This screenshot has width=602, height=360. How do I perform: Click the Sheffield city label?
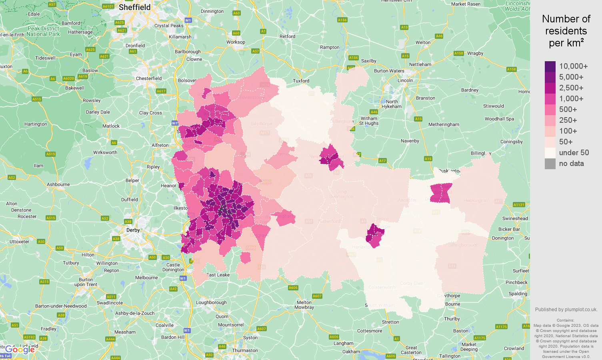click(x=135, y=7)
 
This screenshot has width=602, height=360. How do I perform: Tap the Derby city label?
click(x=133, y=230)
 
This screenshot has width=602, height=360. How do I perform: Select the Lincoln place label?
click(x=405, y=80)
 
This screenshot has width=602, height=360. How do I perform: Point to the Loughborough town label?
click(x=211, y=302)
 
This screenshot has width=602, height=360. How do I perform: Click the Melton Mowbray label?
click(x=304, y=305)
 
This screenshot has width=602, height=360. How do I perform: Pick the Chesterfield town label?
click(x=149, y=78)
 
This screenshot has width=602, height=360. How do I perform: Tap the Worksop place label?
click(x=236, y=42)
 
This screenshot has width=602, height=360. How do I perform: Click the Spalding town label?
click(x=518, y=294)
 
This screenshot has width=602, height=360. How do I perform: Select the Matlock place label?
click(x=111, y=126)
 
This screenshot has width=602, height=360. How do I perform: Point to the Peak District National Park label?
click(x=43, y=31)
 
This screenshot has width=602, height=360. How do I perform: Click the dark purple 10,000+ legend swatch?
click(x=550, y=66)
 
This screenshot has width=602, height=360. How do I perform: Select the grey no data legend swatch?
click(x=550, y=164)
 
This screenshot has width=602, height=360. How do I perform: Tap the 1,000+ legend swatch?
click(x=550, y=99)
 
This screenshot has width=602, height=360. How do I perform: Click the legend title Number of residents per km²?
click(x=566, y=31)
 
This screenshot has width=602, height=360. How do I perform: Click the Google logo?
click(x=20, y=350)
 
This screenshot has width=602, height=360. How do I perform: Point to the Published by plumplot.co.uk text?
click(x=566, y=309)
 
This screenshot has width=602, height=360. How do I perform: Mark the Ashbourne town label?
click(x=58, y=184)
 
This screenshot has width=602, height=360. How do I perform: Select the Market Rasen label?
click(x=466, y=4)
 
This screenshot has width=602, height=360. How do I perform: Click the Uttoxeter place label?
click(x=19, y=242)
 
